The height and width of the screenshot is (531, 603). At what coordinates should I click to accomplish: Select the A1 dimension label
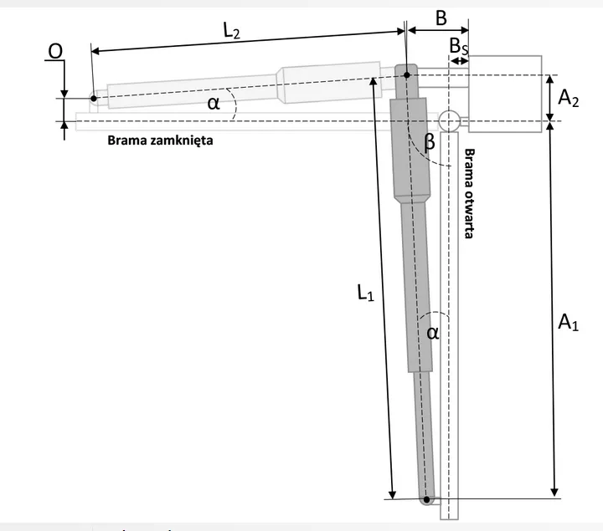[x=568, y=321]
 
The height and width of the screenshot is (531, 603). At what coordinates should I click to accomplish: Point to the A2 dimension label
[x=569, y=100]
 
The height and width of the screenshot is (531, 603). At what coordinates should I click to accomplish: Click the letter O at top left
[x=54, y=51]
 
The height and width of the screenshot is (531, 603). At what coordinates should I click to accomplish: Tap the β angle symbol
[x=430, y=143]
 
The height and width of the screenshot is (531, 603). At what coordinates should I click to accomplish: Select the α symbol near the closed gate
[x=213, y=102]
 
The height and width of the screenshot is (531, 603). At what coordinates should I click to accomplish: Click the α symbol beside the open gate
[x=432, y=332]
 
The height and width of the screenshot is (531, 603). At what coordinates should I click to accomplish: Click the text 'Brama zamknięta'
[x=160, y=140]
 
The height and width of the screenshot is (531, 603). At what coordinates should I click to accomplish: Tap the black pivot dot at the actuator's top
[x=406, y=75]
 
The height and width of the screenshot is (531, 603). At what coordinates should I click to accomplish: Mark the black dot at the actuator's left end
[x=94, y=99]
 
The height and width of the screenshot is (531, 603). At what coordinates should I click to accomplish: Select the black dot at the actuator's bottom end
[x=427, y=500]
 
